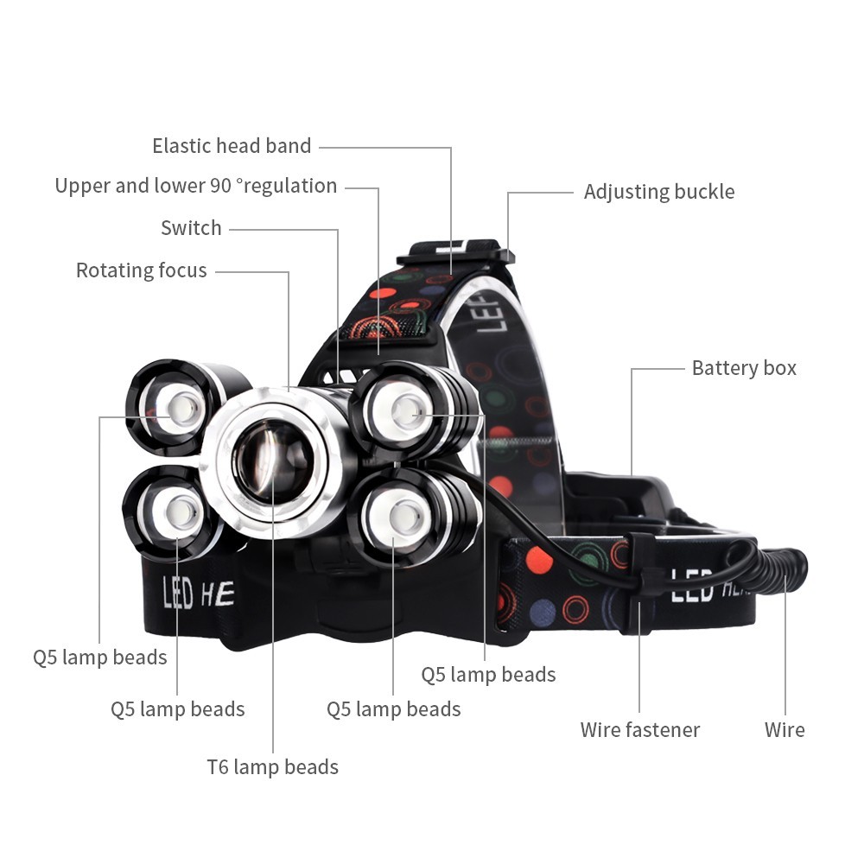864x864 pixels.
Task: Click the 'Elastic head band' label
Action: coord(232,146)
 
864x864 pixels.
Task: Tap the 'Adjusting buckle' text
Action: coord(658,192)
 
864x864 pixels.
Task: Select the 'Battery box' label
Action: coord(743,368)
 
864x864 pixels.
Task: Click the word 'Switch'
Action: coord(191,228)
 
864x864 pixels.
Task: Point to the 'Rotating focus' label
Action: coord(141,270)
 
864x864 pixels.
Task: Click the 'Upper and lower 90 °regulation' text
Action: coord(195,186)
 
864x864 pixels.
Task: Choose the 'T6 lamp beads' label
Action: coord(272,766)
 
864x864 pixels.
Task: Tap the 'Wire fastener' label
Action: coord(639,730)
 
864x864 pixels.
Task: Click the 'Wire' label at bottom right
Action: coord(784,730)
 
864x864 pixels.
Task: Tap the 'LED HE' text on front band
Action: coord(198,594)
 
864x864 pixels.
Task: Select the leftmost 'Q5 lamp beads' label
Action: coord(99,658)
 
